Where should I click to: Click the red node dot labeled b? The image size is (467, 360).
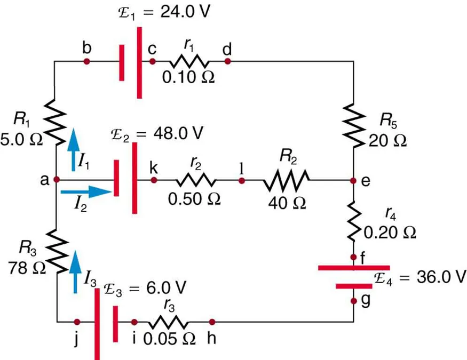click(x=87, y=62)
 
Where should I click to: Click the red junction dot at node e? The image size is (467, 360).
click(x=353, y=181)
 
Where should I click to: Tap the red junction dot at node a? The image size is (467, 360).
click(x=56, y=180)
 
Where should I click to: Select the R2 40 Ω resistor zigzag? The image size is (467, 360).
click(x=286, y=181)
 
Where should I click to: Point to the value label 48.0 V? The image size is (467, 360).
click(x=179, y=133)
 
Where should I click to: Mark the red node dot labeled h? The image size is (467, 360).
click(x=212, y=322)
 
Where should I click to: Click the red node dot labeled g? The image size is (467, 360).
click(x=353, y=301)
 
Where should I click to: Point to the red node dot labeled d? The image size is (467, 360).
click(x=227, y=62)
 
